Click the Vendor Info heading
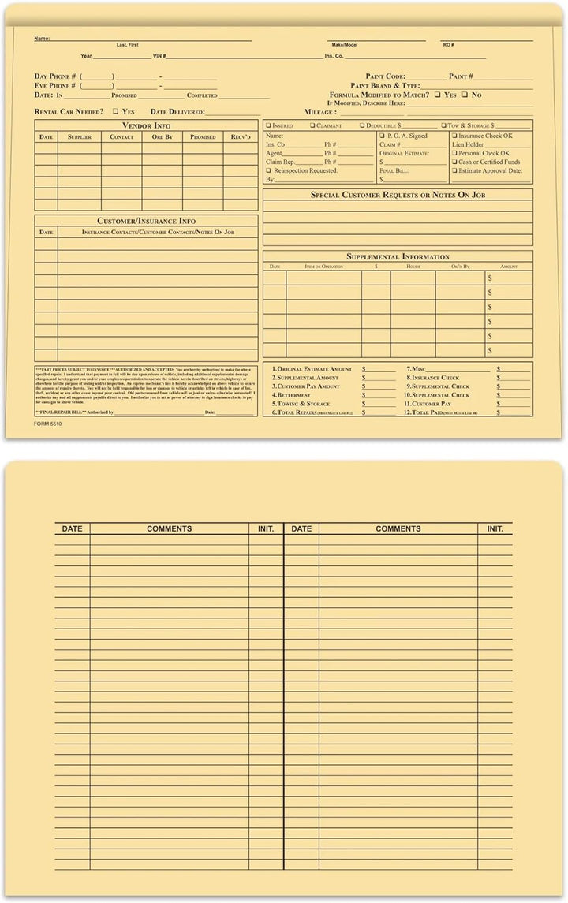[146, 125]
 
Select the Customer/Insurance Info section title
[146, 221]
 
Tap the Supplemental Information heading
[398, 256]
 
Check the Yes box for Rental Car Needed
[115, 112]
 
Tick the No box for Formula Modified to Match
[465, 95]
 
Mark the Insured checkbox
[268, 125]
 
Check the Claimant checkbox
[312, 125]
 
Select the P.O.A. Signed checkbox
[381, 136]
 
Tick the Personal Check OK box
[454, 154]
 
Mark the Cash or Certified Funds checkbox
[454, 162]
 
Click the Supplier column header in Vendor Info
[79, 137]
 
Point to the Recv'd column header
[241, 137]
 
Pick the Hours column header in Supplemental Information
[413, 267]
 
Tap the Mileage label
[320, 112]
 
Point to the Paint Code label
[385, 76]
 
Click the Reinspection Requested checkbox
[268, 171]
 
